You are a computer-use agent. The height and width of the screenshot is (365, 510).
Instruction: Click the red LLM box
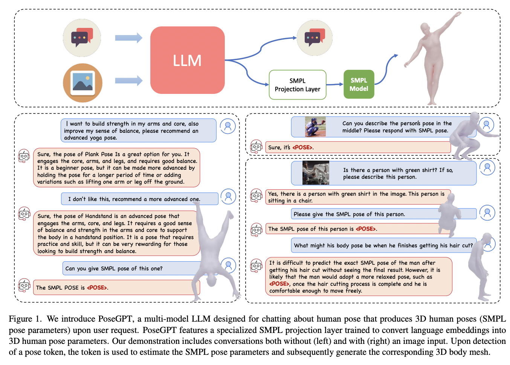(x=187, y=60)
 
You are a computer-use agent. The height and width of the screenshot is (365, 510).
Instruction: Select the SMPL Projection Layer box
(x=297, y=85)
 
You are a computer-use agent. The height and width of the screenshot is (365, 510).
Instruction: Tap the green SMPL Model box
(x=359, y=84)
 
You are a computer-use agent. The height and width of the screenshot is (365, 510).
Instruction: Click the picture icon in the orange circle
(x=82, y=83)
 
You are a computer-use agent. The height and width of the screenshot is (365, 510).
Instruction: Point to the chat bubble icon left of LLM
(x=82, y=38)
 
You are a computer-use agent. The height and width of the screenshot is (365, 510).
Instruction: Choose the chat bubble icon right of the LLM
(x=314, y=38)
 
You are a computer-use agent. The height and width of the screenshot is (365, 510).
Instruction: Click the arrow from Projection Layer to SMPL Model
(x=334, y=84)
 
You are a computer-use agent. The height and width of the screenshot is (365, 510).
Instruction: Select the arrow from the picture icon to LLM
(x=128, y=80)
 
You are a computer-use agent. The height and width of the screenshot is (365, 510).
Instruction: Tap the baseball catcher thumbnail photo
(x=315, y=127)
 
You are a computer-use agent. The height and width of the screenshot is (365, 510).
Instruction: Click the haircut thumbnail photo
(x=316, y=173)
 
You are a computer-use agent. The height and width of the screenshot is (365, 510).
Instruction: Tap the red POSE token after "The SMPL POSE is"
(x=97, y=288)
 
